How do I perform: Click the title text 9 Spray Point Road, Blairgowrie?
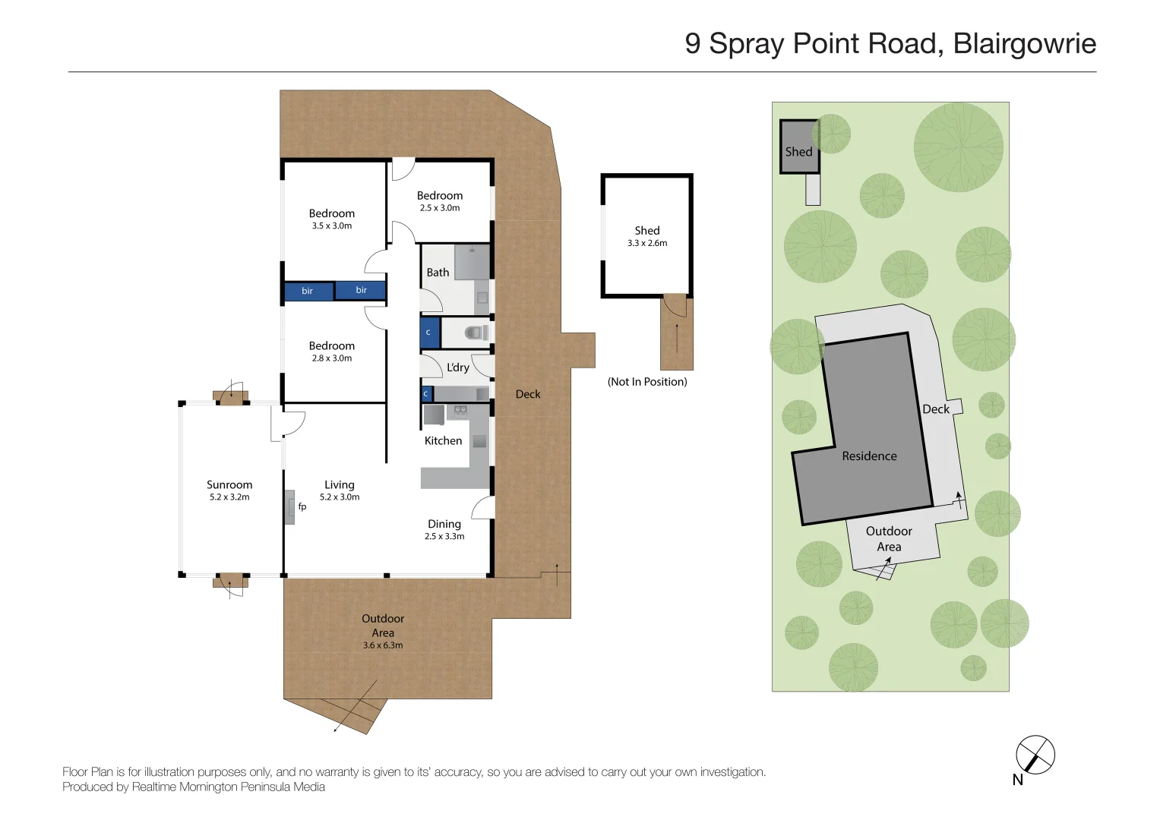pos(890,43)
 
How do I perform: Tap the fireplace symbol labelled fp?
pos(290,507)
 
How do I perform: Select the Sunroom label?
pos(229,484)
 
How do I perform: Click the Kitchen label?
pos(443,440)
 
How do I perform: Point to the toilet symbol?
pos(476,333)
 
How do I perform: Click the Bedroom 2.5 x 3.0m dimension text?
pos(439,208)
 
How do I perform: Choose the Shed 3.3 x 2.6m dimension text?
pos(647,243)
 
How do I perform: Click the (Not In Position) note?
pos(647,382)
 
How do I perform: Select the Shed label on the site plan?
pos(798,152)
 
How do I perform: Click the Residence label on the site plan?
pos(869,456)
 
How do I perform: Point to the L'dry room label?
pos(457,367)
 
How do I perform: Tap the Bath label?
pos(438,273)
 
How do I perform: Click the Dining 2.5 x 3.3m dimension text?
pos(444,536)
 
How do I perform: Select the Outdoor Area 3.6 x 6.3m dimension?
pos(383,645)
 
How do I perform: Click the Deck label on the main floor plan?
pos(528,394)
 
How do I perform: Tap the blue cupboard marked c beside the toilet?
pos(429,333)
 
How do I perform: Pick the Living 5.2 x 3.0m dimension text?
pos(340,497)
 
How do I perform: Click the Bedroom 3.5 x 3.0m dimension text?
pos(332,225)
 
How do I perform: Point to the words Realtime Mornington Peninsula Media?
pos(228,787)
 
